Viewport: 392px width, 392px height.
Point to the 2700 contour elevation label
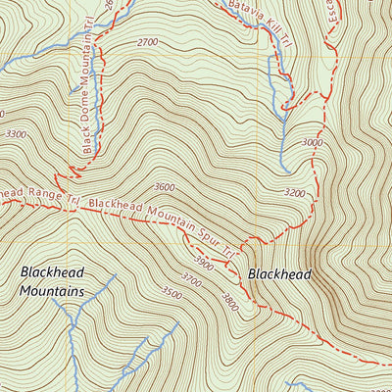click(x=148, y=43)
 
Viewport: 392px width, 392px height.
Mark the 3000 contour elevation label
click(x=312, y=143)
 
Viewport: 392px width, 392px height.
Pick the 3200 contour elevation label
click(x=293, y=193)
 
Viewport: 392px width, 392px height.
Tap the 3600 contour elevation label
click(x=164, y=187)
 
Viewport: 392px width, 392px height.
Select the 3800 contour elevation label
click(x=229, y=298)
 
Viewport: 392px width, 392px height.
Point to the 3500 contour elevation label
click(x=171, y=292)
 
